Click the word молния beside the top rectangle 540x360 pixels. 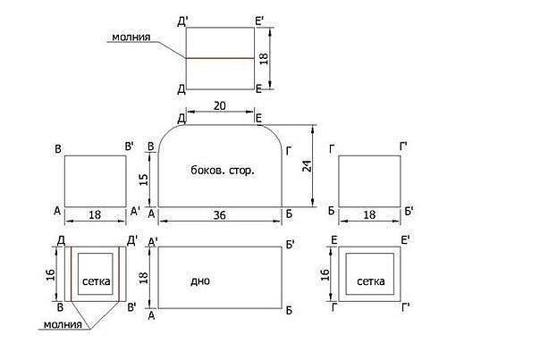(131, 38)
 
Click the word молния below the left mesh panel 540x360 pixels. (63, 324)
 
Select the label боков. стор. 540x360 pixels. (223, 170)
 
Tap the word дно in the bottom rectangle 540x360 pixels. (200, 281)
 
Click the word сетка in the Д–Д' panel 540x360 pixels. (97, 281)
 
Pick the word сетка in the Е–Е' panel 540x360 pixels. (370, 281)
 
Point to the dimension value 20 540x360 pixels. (220, 106)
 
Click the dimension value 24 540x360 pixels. (307, 166)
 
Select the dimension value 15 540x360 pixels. (144, 180)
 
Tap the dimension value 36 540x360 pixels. (219, 215)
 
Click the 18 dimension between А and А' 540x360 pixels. (95, 215)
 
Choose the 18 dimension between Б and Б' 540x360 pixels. (369, 215)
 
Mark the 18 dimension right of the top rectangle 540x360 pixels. (264, 58)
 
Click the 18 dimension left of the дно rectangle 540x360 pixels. (144, 278)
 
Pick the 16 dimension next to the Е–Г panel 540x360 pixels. (325, 274)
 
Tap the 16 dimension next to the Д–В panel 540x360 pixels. (51, 274)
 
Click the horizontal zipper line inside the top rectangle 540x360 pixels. (221, 58)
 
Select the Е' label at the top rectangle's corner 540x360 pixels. (259, 21)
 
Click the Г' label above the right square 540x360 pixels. (403, 147)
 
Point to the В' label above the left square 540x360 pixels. (130, 147)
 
